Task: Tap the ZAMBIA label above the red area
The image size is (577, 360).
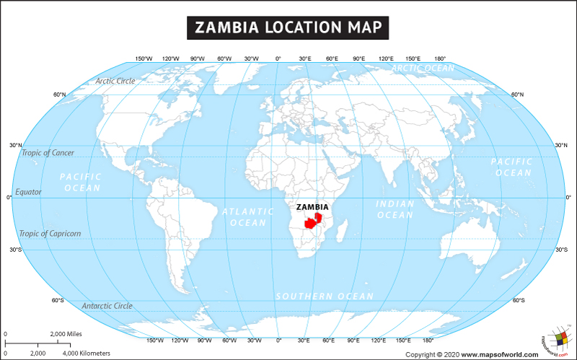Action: [312, 207]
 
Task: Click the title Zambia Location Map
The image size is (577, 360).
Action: [288, 27]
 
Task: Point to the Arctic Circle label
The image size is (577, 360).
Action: [115, 81]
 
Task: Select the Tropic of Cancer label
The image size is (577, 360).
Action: [48, 152]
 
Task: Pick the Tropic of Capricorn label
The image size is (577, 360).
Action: [50, 233]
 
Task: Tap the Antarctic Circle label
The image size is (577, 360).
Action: [107, 306]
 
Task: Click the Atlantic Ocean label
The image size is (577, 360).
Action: [248, 217]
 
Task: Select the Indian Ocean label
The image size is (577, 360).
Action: [395, 209]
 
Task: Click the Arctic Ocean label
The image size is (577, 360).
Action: [423, 69]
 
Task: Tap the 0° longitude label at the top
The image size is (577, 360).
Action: [278, 58]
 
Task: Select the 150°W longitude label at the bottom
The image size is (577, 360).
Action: [154, 340]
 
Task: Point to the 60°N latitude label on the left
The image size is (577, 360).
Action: [59, 95]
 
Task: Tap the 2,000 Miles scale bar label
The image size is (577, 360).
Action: [65, 334]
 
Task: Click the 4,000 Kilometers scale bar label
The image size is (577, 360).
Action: [86, 353]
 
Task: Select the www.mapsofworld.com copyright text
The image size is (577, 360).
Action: [499, 354]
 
